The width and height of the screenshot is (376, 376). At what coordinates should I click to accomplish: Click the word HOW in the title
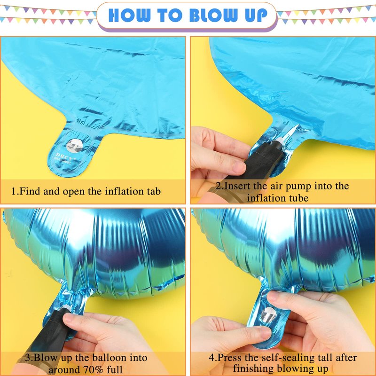click(130, 16)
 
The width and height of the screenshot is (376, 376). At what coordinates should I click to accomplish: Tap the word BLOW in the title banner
click(213, 16)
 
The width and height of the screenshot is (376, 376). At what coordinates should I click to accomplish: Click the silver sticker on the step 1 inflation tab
click(74, 146)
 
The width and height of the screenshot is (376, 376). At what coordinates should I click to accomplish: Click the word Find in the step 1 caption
click(30, 191)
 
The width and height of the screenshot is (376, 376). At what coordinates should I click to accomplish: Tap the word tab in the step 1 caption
click(154, 191)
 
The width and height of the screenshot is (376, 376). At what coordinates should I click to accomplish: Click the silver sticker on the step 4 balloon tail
click(268, 314)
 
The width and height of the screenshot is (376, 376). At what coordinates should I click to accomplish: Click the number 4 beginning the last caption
click(212, 358)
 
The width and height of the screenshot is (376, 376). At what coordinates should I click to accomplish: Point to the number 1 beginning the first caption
click(14, 192)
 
